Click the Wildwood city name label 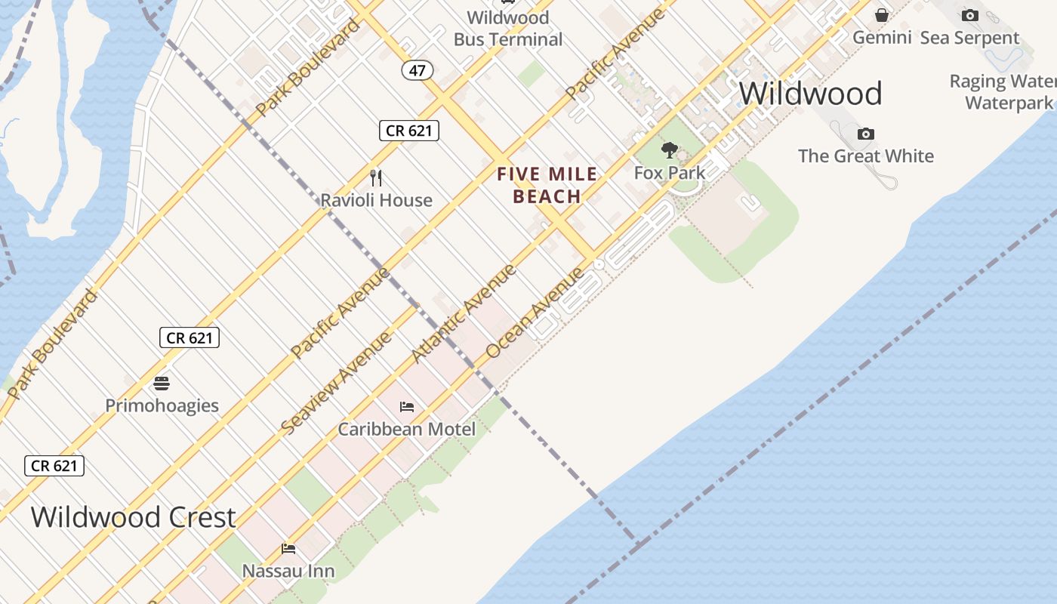(810, 94)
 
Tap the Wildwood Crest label (133, 517)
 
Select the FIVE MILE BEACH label (547, 186)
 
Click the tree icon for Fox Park (669, 149)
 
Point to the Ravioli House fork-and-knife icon (376, 178)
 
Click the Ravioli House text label (376, 200)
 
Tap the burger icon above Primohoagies (162, 384)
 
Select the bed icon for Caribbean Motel (407, 407)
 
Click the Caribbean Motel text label (406, 430)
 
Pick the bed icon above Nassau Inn (288, 548)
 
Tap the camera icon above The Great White (866, 134)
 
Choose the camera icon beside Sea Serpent (969, 15)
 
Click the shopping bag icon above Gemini (881, 15)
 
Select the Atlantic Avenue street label (463, 313)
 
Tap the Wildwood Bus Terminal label (508, 28)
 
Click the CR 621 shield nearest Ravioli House (408, 131)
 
